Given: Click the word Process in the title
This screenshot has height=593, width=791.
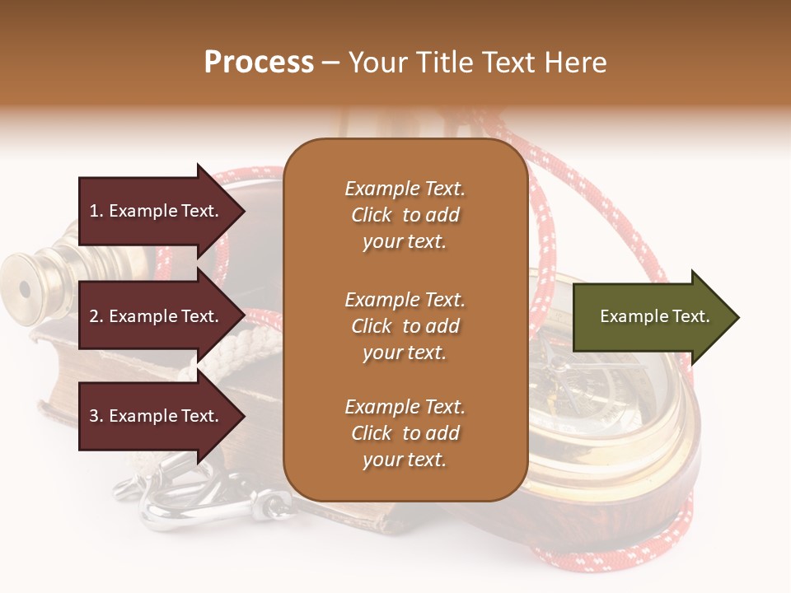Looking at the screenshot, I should tap(259, 63).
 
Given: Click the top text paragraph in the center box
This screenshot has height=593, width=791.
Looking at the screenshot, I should tap(405, 215).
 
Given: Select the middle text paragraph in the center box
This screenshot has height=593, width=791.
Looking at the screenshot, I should tap(405, 326).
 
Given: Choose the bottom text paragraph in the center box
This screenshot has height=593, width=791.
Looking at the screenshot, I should tap(405, 433).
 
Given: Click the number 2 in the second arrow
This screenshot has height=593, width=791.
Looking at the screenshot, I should tap(94, 316).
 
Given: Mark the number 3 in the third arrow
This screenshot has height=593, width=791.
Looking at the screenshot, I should tap(94, 416).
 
